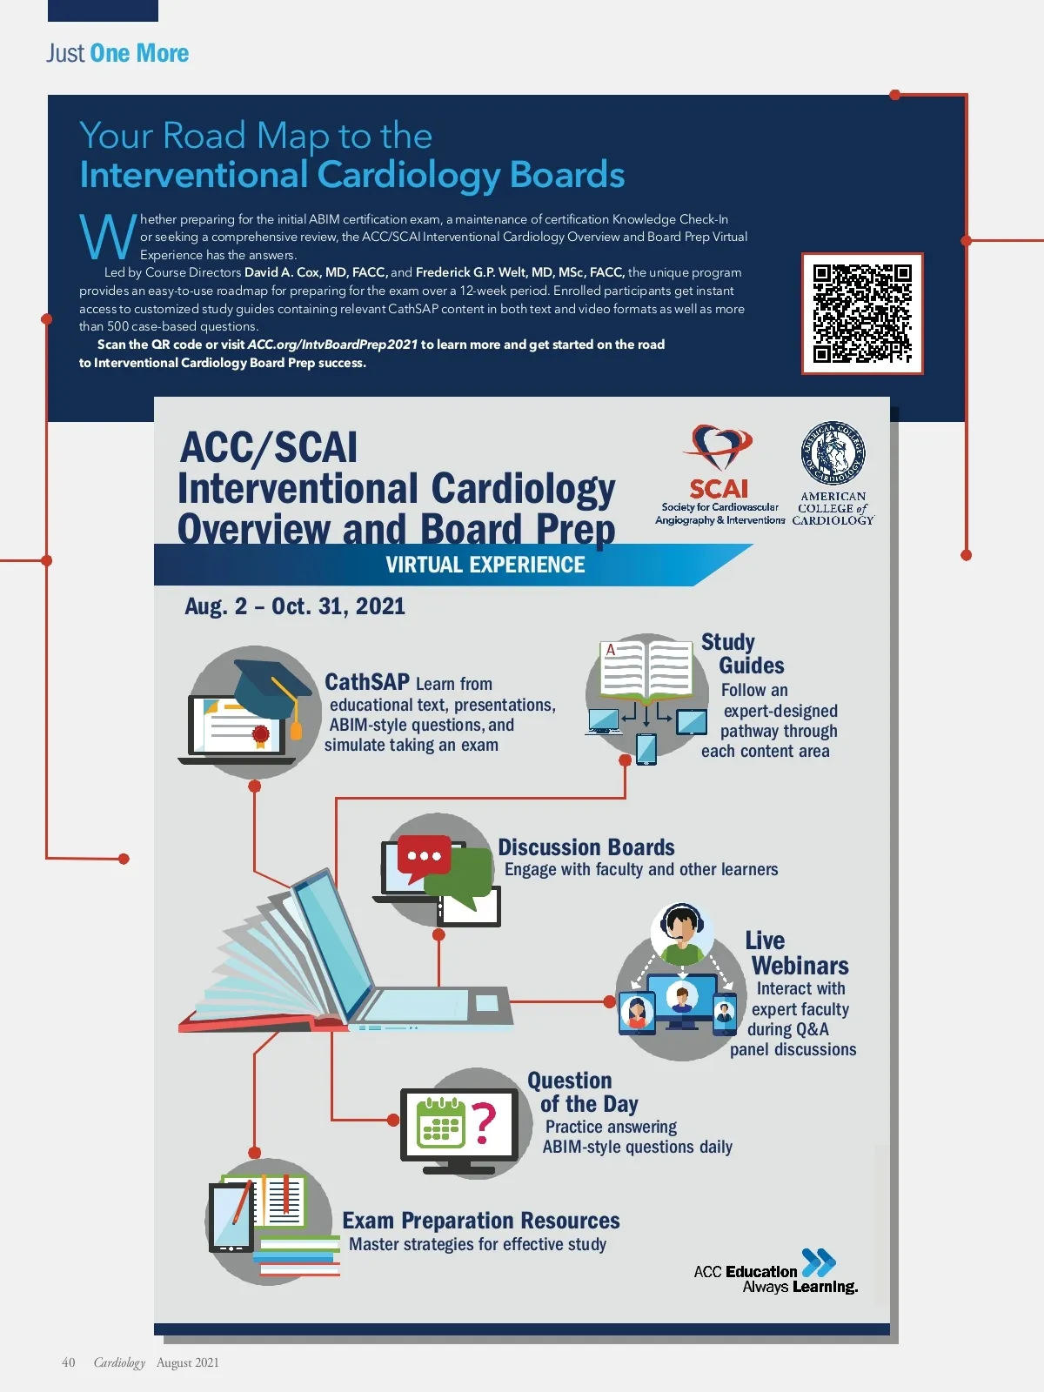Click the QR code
[x=861, y=313]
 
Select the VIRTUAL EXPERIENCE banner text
[x=485, y=565]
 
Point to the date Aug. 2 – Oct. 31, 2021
[x=295, y=606]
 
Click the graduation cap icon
[x=271, y=687]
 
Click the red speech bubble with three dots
[x=424, y=855]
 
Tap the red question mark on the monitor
[x=484, y=1122]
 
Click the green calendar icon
[x=440, y=1123]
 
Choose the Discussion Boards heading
[x=586, y=847]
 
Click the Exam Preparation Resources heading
[x=480, y=1221]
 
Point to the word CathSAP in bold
[x=366, y=682]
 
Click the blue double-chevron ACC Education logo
[x=818, y=1262]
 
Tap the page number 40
[x=68, y=1362]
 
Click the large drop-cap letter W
[x=107, y=237]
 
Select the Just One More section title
[x=117, y=53]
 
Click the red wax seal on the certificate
[x=259, y=735]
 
